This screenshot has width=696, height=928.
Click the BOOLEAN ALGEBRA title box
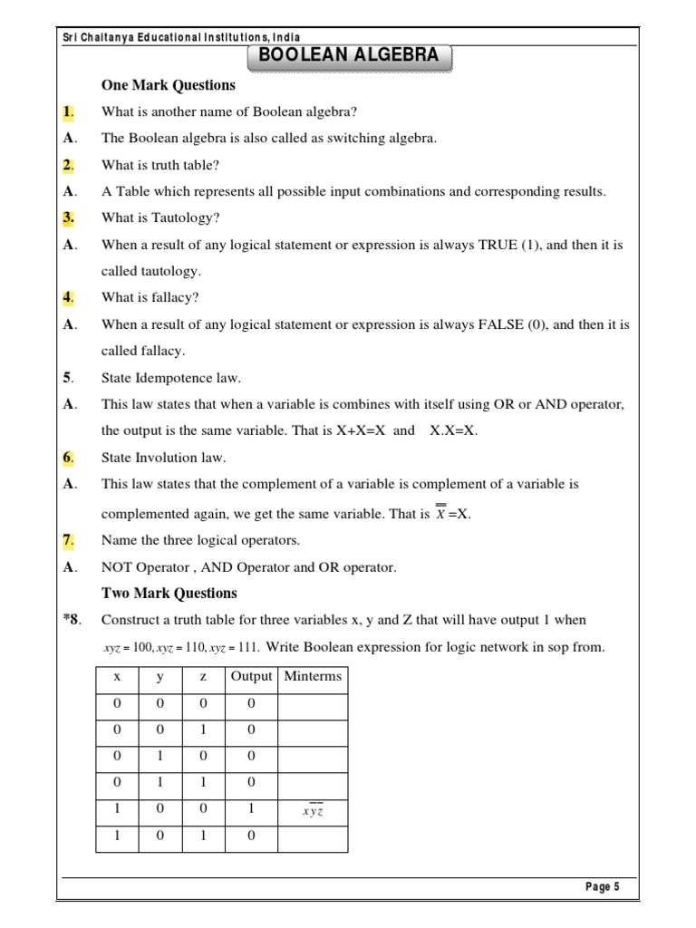349,55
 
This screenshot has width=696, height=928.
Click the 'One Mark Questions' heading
169,85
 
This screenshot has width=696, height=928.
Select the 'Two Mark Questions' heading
169,594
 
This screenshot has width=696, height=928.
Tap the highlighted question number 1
69,112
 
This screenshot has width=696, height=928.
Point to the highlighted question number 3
69,218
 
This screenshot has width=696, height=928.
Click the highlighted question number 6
69,458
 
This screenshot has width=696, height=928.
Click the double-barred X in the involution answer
440,513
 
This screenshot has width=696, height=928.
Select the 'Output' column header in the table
251,676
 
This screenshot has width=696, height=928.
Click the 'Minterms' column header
313,676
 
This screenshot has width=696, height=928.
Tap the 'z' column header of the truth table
204,676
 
